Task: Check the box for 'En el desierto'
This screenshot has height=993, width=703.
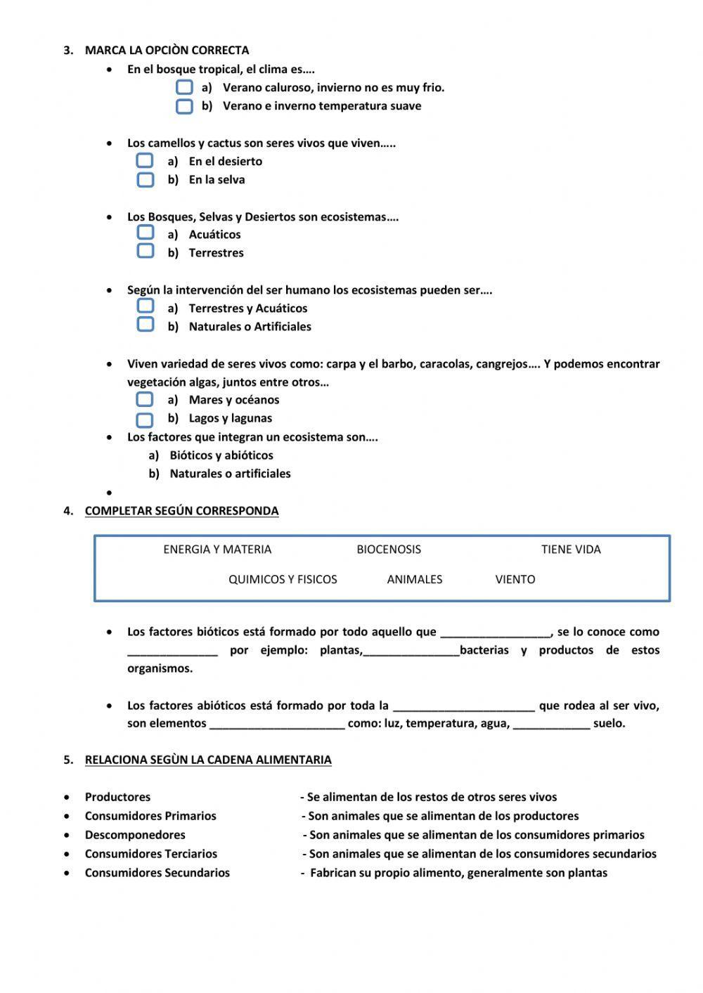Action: point(145,161)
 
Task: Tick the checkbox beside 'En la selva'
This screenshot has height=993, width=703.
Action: point(145,180)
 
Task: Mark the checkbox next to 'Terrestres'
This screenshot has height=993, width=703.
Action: point(145,251)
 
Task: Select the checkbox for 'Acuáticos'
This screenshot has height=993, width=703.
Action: point(145,233)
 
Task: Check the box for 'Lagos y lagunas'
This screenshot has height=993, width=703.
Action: point(145,420)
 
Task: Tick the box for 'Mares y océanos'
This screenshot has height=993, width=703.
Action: point(145,399)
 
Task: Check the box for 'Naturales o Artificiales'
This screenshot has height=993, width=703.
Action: point(145,325)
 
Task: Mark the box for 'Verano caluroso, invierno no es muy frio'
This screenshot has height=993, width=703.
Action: point(184,87)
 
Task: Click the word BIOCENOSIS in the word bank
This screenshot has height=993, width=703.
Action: point(389,550)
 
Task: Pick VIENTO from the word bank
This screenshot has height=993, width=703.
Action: point(515,580)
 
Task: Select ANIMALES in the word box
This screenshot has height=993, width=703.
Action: point(414,580)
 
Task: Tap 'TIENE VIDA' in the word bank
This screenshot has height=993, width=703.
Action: point(571,550)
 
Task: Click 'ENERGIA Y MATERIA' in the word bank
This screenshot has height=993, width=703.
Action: point(217,550)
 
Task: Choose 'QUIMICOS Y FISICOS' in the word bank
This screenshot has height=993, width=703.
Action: point(283,580)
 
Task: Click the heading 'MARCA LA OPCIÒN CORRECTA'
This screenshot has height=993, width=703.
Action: point(167,50)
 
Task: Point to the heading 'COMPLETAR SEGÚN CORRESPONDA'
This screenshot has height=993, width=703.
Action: point(181,511)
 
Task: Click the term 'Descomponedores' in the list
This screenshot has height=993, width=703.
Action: point(135,835)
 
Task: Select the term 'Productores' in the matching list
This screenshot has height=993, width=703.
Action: point(117,797)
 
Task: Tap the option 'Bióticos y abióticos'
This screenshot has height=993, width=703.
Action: point(221,455)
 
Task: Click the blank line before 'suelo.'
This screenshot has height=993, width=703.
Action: point(551,724)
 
